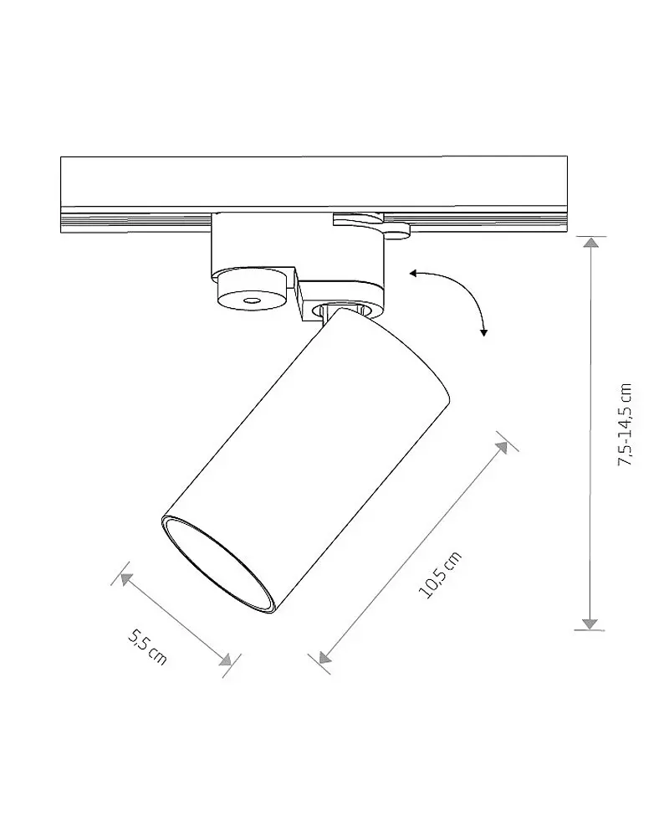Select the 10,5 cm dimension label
pos(440,575)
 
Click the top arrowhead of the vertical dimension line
pos(590,243)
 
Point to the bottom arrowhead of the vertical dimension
pos(590,624)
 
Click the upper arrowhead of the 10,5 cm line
pos(502,447)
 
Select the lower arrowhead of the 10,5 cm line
pos(324,657)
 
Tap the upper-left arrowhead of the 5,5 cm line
pos(125,578)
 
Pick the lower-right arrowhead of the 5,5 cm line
pos(226,660)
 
